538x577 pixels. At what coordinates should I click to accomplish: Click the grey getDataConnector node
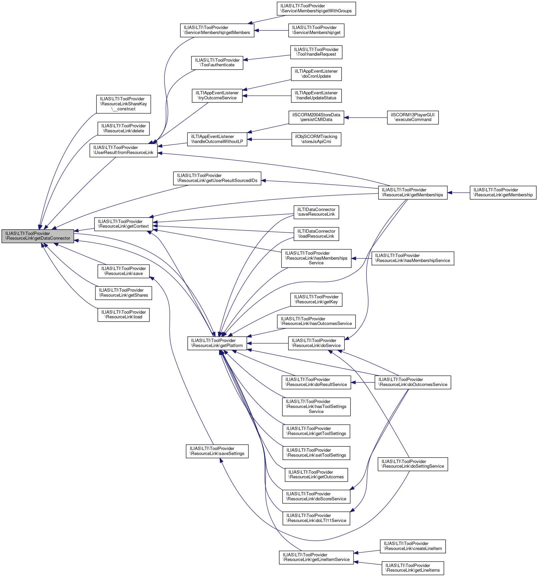tap(37, 236)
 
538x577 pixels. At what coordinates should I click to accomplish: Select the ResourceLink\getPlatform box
tap(217, 343)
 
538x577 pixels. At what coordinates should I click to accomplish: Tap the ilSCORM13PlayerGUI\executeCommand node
tap(413, 117)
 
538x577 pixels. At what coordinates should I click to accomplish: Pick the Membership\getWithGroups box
tap(316, 8)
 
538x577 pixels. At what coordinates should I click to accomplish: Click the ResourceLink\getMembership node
tap(503, 193)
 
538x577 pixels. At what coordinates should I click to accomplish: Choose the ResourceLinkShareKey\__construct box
tap(123, 104)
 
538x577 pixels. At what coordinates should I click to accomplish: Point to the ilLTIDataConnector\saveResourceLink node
tap(316, 212)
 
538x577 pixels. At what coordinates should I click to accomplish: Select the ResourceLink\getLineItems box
tap(413, 568)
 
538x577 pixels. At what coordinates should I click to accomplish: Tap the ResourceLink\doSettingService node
tap(413, 464)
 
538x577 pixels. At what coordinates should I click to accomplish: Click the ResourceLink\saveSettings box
tap(217, 451)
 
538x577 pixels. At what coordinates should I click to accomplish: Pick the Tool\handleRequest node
tap(316, 52)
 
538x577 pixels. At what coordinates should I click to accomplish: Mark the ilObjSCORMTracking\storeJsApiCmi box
tap(316, 139)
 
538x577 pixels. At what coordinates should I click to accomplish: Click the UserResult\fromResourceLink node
tap(123, 150)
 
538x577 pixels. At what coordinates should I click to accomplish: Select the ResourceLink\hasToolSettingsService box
tap(316, 407)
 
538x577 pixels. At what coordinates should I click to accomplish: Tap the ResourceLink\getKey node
tap(316, 299)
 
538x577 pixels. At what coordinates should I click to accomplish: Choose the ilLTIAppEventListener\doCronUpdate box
tap(316, 74)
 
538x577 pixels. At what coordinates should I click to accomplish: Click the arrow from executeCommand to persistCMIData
tap(366, 117)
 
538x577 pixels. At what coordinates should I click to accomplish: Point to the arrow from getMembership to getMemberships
tap(459, 193)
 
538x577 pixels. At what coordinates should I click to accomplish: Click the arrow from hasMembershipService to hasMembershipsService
tap(362, 258)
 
